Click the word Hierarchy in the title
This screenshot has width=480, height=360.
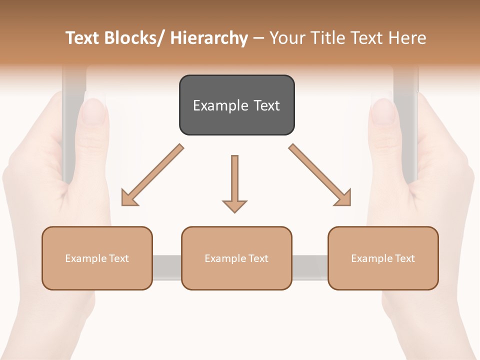pos(209,38)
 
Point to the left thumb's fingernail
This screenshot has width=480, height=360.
pos(93,110)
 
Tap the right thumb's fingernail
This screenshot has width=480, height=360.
pos(383,110)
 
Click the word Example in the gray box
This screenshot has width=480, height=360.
pos(220,105)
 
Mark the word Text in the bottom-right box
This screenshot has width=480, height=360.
pos(404,258)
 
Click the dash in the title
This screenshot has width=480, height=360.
pos(258,38)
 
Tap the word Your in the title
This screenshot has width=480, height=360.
pos(286,38)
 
